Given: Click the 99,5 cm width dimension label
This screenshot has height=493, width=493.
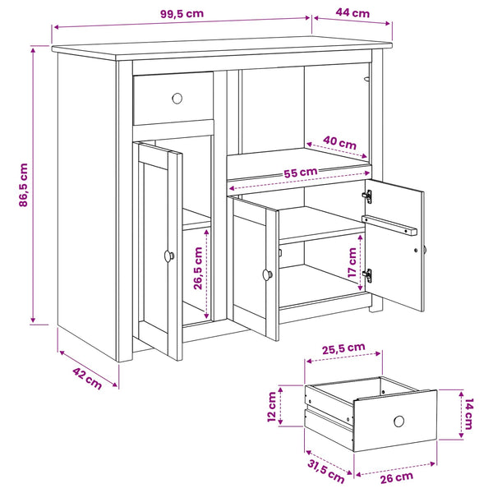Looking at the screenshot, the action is pos(182,14).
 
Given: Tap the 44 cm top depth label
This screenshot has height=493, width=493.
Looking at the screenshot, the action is pos(352,13).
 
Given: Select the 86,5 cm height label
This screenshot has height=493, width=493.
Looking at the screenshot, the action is pos(24,185).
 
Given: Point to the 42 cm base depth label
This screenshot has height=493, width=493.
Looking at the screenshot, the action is pos(87,378).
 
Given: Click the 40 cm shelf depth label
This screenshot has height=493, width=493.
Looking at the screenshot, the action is pos(339,142).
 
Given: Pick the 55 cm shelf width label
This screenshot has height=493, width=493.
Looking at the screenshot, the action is pos(300,173).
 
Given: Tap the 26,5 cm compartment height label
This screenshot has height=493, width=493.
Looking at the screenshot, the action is pos(198,268).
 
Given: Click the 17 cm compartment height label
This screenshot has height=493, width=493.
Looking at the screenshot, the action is pos(352,262).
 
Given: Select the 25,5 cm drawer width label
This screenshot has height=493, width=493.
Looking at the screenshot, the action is pos(343,348).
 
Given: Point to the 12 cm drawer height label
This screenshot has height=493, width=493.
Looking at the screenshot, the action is pos(271,407).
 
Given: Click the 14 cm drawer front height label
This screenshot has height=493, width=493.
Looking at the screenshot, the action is pos(468,413).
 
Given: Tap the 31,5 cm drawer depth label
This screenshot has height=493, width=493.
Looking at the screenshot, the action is pos(325,472).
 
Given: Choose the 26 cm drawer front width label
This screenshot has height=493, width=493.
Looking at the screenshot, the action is pos(397,477).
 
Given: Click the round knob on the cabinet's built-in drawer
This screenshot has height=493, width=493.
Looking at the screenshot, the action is pos(177,99).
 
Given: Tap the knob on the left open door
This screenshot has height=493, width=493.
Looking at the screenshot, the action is pos(168,256).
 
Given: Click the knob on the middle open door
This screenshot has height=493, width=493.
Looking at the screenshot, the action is pos(268,274).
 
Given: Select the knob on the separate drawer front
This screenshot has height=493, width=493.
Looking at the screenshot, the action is pos(399,421).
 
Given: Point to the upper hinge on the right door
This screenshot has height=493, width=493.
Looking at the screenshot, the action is pos(367,196).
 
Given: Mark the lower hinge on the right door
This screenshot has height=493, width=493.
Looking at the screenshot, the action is pos(367,275).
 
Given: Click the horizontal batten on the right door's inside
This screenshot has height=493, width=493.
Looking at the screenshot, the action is pos(389,225).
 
